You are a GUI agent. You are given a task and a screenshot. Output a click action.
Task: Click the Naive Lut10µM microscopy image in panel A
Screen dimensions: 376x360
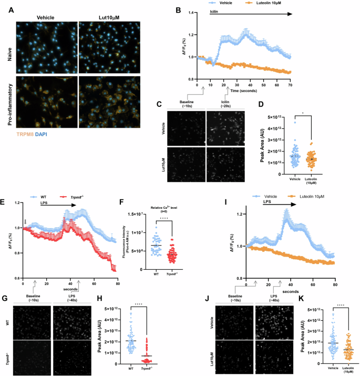[110, 46]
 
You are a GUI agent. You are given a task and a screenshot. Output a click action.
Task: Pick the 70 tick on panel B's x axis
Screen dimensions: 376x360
[289, 84]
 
